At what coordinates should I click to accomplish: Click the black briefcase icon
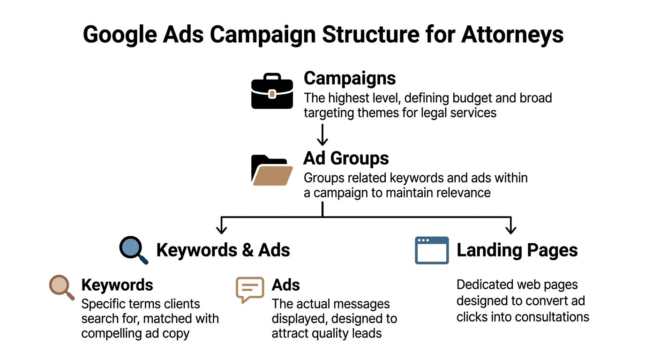(x=272, y=91)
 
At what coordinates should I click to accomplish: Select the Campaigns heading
(x=350, y=78)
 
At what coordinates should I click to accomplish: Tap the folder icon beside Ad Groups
(x=271, y=170)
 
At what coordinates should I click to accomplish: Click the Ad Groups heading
(x=346, y=158)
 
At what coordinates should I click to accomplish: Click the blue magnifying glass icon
(x=133, y=250)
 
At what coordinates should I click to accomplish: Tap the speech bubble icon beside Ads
(x=249, y=289)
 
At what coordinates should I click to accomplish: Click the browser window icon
(x=432, y=250)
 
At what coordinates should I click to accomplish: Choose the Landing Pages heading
(x=517, y=250)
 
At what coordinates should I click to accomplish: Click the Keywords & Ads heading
(x=223, y=250)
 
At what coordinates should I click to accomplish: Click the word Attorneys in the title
(x=512, y=35)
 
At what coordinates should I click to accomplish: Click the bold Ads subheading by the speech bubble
(x=286, y=285)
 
